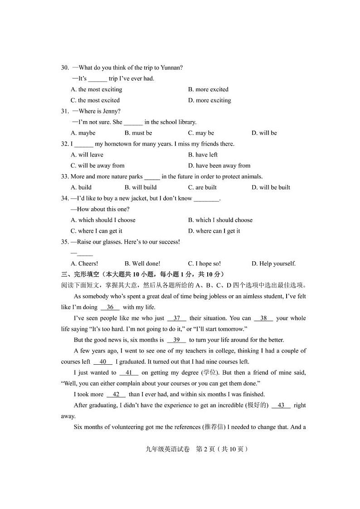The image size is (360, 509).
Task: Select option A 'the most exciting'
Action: click(x=96, y=89)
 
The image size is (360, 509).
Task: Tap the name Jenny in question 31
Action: click(x=111, y=111)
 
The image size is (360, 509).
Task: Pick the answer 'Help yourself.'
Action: click(x=273, y=264)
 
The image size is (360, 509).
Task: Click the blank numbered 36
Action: click(x=110, y=307)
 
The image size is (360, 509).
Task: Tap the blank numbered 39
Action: click(x=176, y=340)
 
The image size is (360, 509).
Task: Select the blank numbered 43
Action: click(x=281, y=405)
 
